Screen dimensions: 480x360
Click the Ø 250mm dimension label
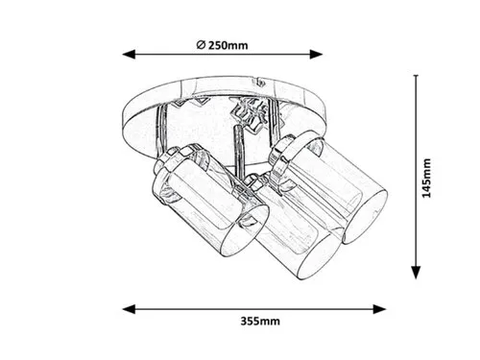(x=222, y=45)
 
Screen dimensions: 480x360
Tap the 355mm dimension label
(x=260, y=321)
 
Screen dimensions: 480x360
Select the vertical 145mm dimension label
(x=426, y=178)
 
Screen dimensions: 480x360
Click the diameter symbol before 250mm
(x=201, y=45)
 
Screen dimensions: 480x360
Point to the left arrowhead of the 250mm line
(x=129, y=55)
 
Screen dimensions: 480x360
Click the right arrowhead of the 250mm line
(x=316, y=55)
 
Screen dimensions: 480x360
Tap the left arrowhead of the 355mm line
(x=129, y=309)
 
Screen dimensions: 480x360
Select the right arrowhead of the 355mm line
(x=379, y=309)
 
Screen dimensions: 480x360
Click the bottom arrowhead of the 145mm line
(x=416, y=273)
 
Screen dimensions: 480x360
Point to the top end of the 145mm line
(x=416, y=76)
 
